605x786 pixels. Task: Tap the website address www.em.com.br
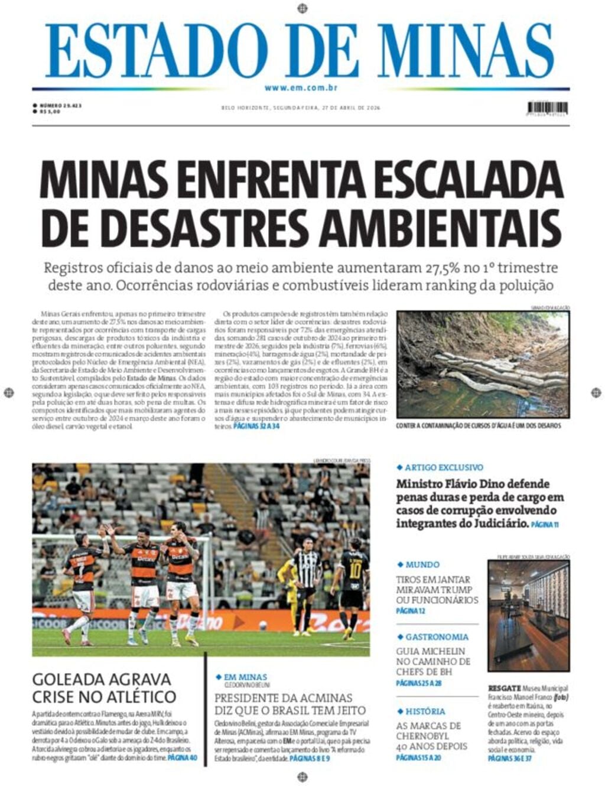click(301, 88)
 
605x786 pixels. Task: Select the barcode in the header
click(548, 108)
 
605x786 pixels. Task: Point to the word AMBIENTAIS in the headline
click(444, 228)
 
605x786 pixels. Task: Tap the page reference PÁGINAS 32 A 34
click(256, 426)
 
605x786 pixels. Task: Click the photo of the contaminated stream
click(483, 365)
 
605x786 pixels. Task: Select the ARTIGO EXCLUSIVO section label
click(444, 467)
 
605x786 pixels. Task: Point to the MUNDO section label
click(422, 564)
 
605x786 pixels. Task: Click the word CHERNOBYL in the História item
click(422, 736)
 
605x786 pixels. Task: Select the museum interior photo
click(529, 615)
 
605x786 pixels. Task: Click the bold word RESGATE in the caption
click(504, 688)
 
